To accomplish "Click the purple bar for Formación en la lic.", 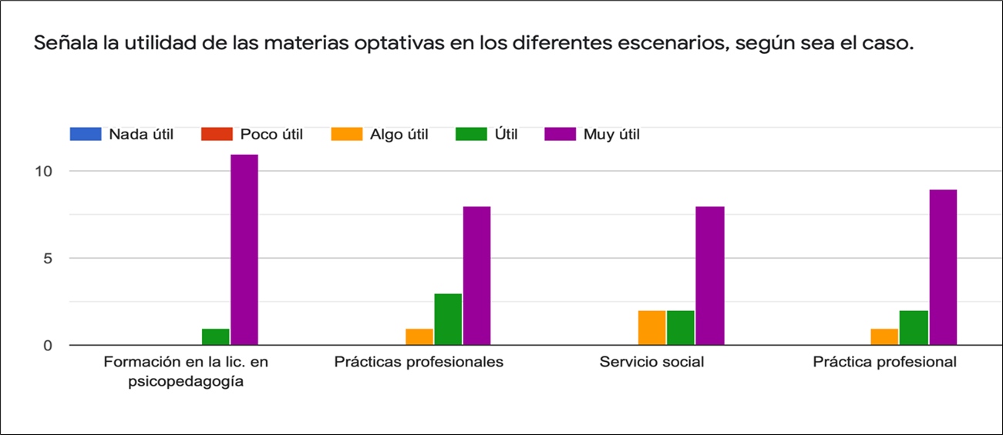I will click(x=244, y=249).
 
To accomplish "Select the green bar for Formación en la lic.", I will click(x=215, y=336).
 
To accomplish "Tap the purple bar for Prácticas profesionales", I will click(x=476, y=276).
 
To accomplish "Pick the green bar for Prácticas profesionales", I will click(x=448, y=319).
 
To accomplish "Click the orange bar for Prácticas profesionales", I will click(x=419, y=336).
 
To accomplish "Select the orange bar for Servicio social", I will click(x=651, y=327).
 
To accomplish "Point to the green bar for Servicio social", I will click(x=680, y=327).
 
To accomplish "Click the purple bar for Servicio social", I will click(x=709, y=276).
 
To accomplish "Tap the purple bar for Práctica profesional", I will click(x=942, y=267).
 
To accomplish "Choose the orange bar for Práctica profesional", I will click(x=884, y=336).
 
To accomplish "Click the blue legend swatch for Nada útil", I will click(x=85, y=134).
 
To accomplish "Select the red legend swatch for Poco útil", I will click(x=216, y=134).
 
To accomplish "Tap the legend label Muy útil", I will click(x=611, y=135).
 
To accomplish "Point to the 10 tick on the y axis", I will click(x=43, y=171).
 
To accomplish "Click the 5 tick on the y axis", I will click(x=47, y=259).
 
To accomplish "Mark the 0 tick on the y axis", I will click(x=47, y=346).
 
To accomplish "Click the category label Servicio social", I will click(x=651, y=362).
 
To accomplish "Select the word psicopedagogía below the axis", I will click(x=186, y=382).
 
